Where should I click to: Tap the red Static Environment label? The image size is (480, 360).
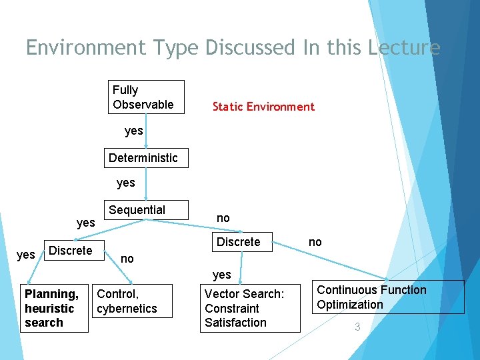[x=263, y=107]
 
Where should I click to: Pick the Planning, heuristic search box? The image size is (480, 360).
[x=54, y=308]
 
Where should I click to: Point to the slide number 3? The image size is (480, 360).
[x=357, y=327]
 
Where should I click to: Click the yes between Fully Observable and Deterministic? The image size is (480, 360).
[x=134, y=131]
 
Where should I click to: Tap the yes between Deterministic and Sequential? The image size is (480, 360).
[x=125, y=183]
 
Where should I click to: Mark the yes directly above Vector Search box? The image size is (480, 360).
[x=221, y=274]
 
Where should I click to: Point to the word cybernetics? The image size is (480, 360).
[x=127, y=309]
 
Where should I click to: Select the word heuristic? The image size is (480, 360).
[x=49, y=309]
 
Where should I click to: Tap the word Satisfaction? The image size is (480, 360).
[x=235, y=323]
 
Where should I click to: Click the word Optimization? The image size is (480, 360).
[x=350, y=305]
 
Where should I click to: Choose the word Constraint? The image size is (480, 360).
[x=232, y=309]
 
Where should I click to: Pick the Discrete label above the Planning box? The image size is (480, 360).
[x=71, y=251]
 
